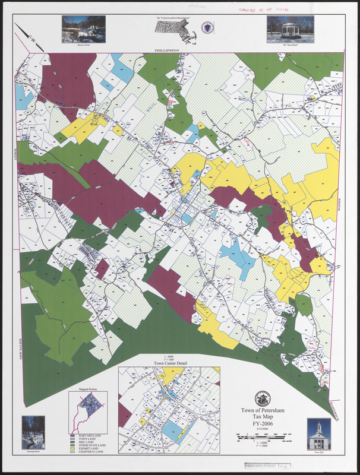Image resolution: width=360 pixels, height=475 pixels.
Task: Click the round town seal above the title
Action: tap(262, 399)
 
